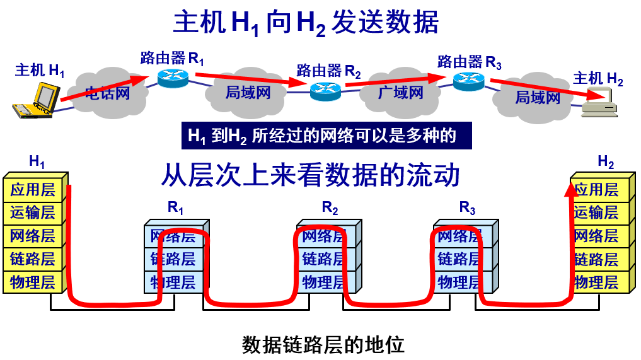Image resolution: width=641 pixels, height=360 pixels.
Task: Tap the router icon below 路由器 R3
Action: pos(468,79)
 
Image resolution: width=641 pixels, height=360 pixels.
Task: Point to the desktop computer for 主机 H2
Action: pos(599,102)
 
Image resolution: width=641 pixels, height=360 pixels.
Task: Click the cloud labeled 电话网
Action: pos(107,95)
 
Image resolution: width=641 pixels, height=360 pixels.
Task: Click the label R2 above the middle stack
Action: pos(330,207)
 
